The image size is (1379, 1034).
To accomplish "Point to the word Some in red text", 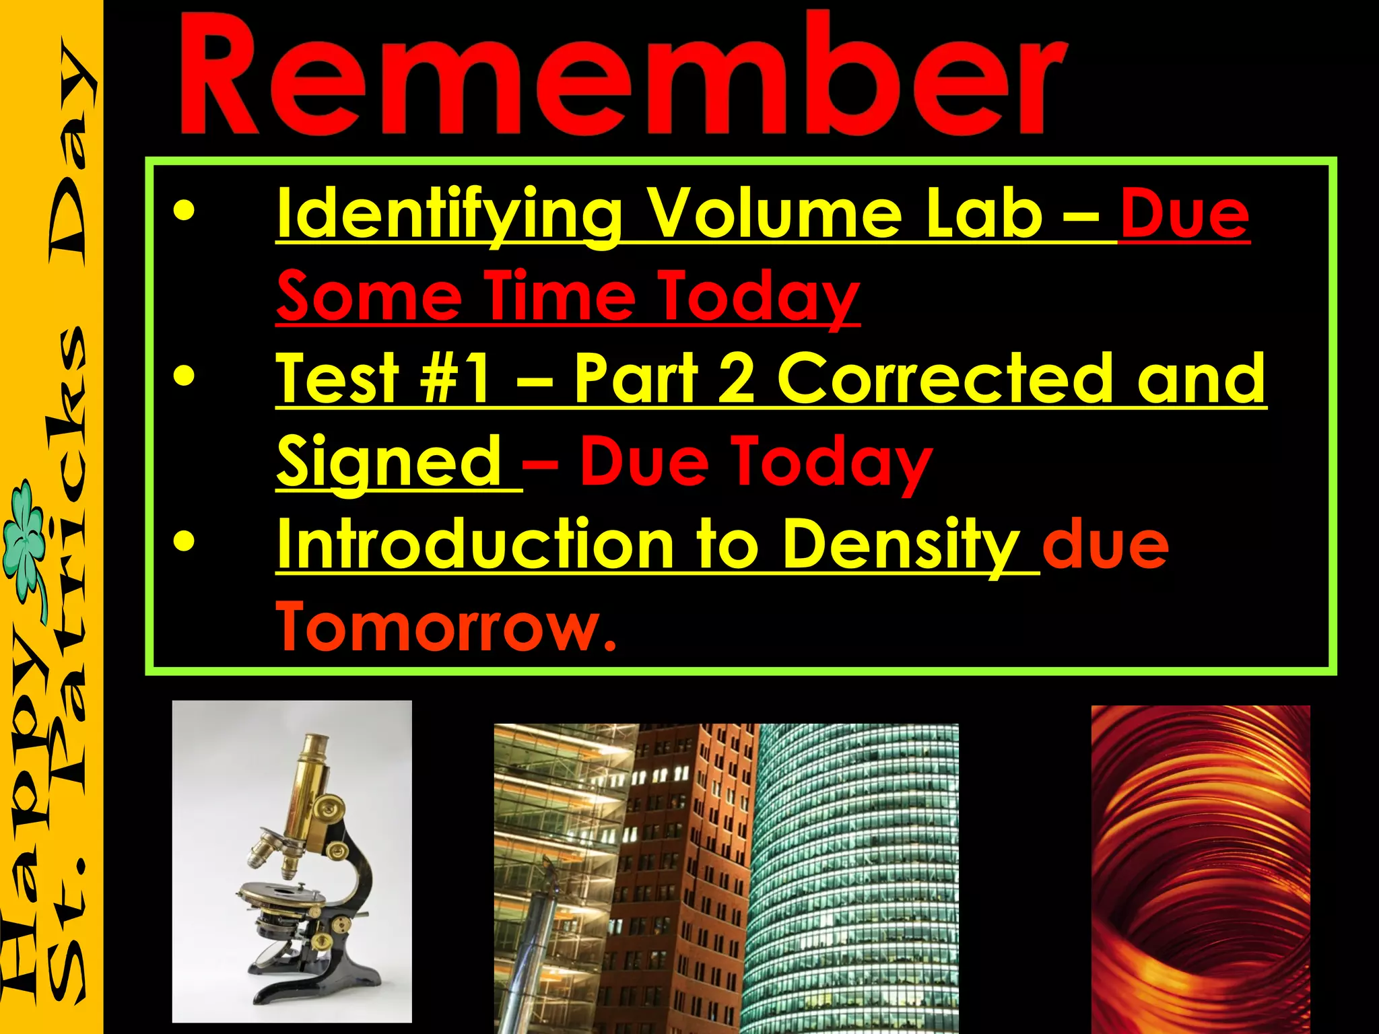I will (368, 296).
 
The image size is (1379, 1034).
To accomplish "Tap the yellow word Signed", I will (389, 461).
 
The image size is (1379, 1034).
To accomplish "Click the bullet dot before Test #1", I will (183, 377).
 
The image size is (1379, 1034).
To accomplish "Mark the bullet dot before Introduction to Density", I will (183, 542).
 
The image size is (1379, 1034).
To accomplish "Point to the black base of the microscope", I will (316, 986).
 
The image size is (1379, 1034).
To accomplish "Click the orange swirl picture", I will (1200, 868).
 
